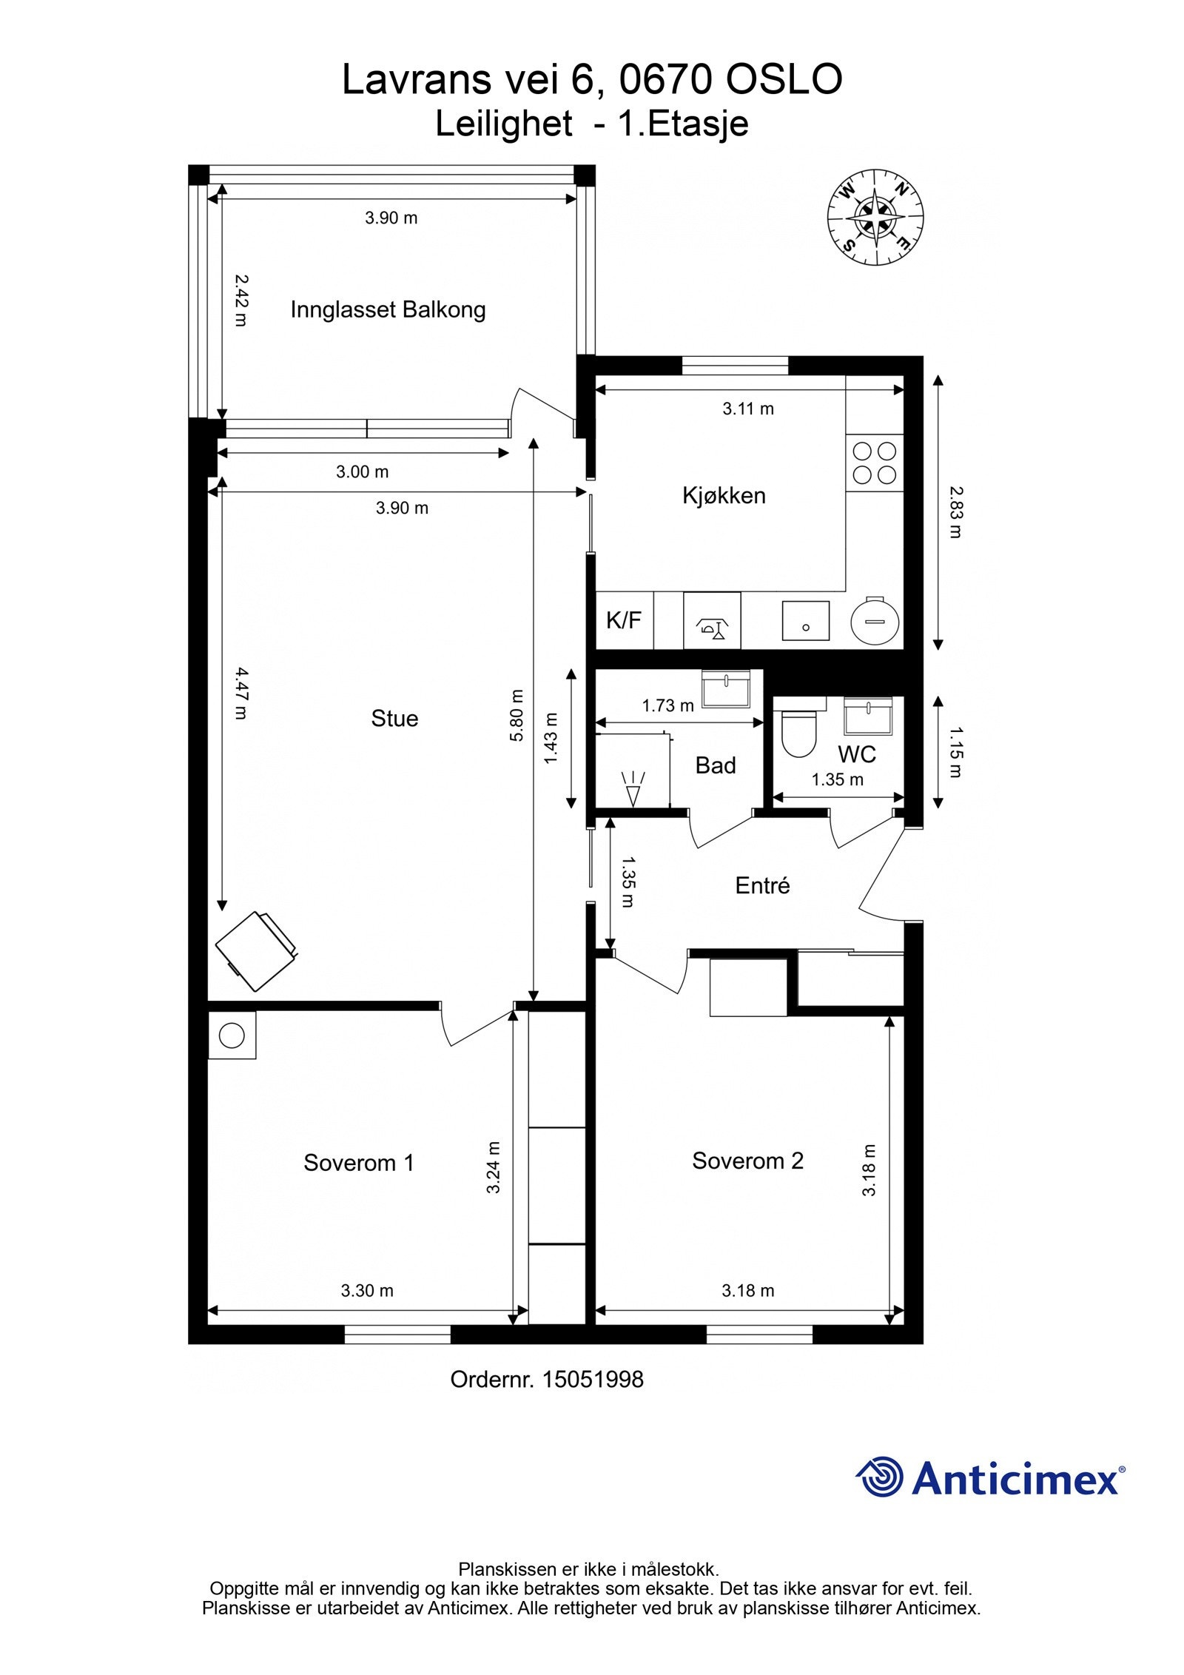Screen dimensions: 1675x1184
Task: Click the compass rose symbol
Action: coord(875,216)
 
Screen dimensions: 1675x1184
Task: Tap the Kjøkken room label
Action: coord(724,495)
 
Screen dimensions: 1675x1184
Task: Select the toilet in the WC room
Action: coord(798,733)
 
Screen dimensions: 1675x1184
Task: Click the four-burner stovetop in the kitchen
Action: coord(874,463)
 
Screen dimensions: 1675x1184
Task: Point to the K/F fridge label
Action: coord(623,620)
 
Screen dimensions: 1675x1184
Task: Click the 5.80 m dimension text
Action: coord(517,715)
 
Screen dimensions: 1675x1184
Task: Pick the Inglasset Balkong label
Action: coord(388,309)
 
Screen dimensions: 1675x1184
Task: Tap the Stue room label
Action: coord(394,718)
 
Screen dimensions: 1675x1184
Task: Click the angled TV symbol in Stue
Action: coord(256,951)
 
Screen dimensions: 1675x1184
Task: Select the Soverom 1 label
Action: coord(358,1163)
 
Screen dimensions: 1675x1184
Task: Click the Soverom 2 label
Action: coord(747,1161)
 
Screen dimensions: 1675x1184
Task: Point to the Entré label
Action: coord(762,885)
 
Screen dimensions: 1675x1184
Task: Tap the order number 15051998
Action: coord(592,1379)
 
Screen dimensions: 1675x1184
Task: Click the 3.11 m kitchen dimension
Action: coord(748,409)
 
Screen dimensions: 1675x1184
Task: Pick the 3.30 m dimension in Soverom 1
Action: coord(367,1290)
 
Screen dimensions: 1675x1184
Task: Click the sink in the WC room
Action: coord(868,715)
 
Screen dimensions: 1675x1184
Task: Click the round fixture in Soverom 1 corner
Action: coord(232,1035)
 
